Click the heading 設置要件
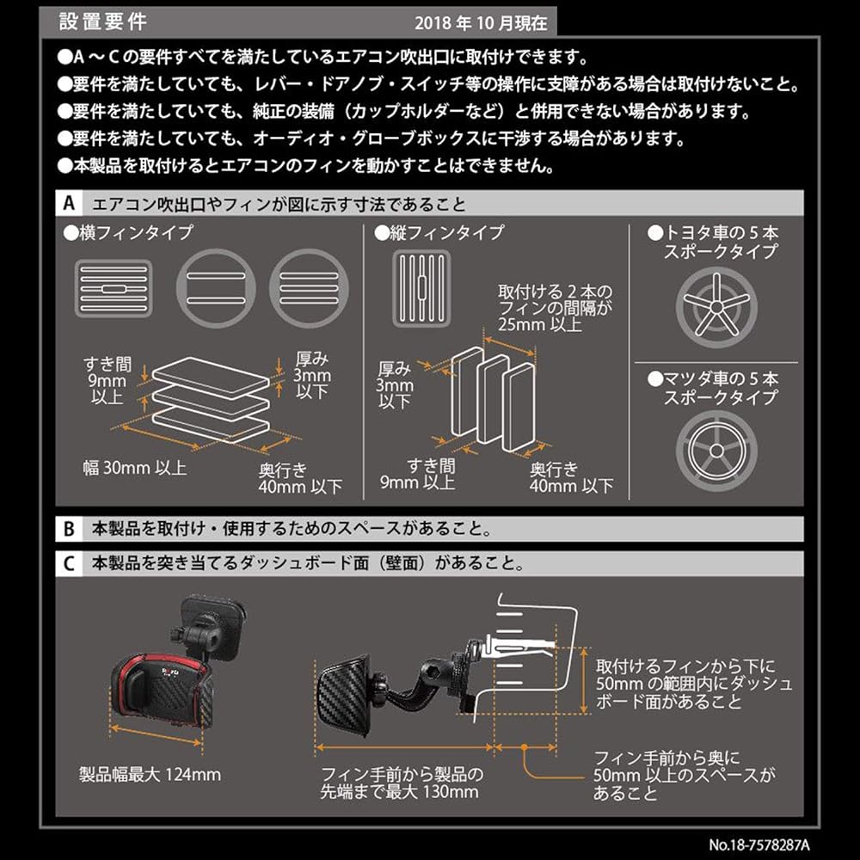tap(102, 21)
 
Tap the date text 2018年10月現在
tap(481, 23)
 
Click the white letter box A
tap(69, 204)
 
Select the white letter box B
tap(69, 529)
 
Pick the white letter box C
tap(69, 563)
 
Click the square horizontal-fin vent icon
tap(114, 288)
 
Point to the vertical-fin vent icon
tap(421, 288)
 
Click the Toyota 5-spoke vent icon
tap(716, 307)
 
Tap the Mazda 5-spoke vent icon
tap(716, 451)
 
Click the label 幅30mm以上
tap(135, 468)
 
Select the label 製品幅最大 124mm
tap(150, 774)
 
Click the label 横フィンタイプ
tap(128, 232)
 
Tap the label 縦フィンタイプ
tap(439, 232)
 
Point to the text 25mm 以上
tap(540, 324)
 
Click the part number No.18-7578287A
tap(759, 845)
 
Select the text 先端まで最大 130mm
tap(399, 791)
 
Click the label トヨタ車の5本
tap(713, 232)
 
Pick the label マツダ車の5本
tap(713, 378)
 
